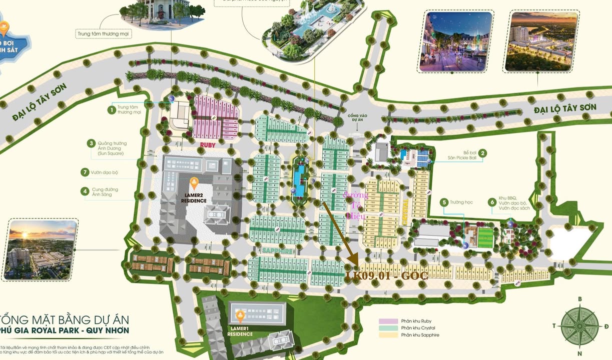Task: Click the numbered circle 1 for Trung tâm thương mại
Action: [112, 109]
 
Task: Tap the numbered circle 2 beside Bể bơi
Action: [482, 154]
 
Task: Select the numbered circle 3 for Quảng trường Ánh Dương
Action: [91, 143]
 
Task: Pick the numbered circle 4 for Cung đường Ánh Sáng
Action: [86, 190]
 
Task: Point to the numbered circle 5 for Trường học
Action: [444, 202]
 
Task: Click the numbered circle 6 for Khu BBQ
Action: [492, 202]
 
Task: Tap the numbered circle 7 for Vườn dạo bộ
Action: [86, 172]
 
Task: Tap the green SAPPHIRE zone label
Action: [276, 251]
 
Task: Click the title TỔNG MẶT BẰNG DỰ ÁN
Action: [65, 319]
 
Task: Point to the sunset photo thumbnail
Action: [43, 248]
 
